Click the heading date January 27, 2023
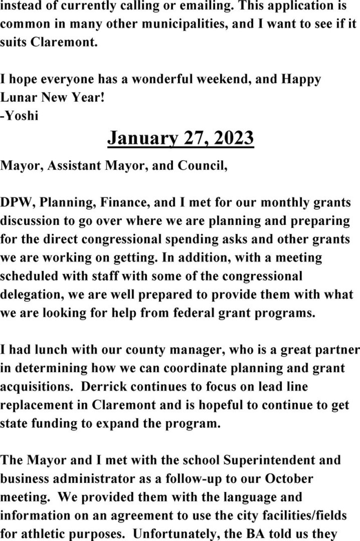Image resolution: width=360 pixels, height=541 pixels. click(180, 139)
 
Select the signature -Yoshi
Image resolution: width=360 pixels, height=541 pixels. click(19, 116)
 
